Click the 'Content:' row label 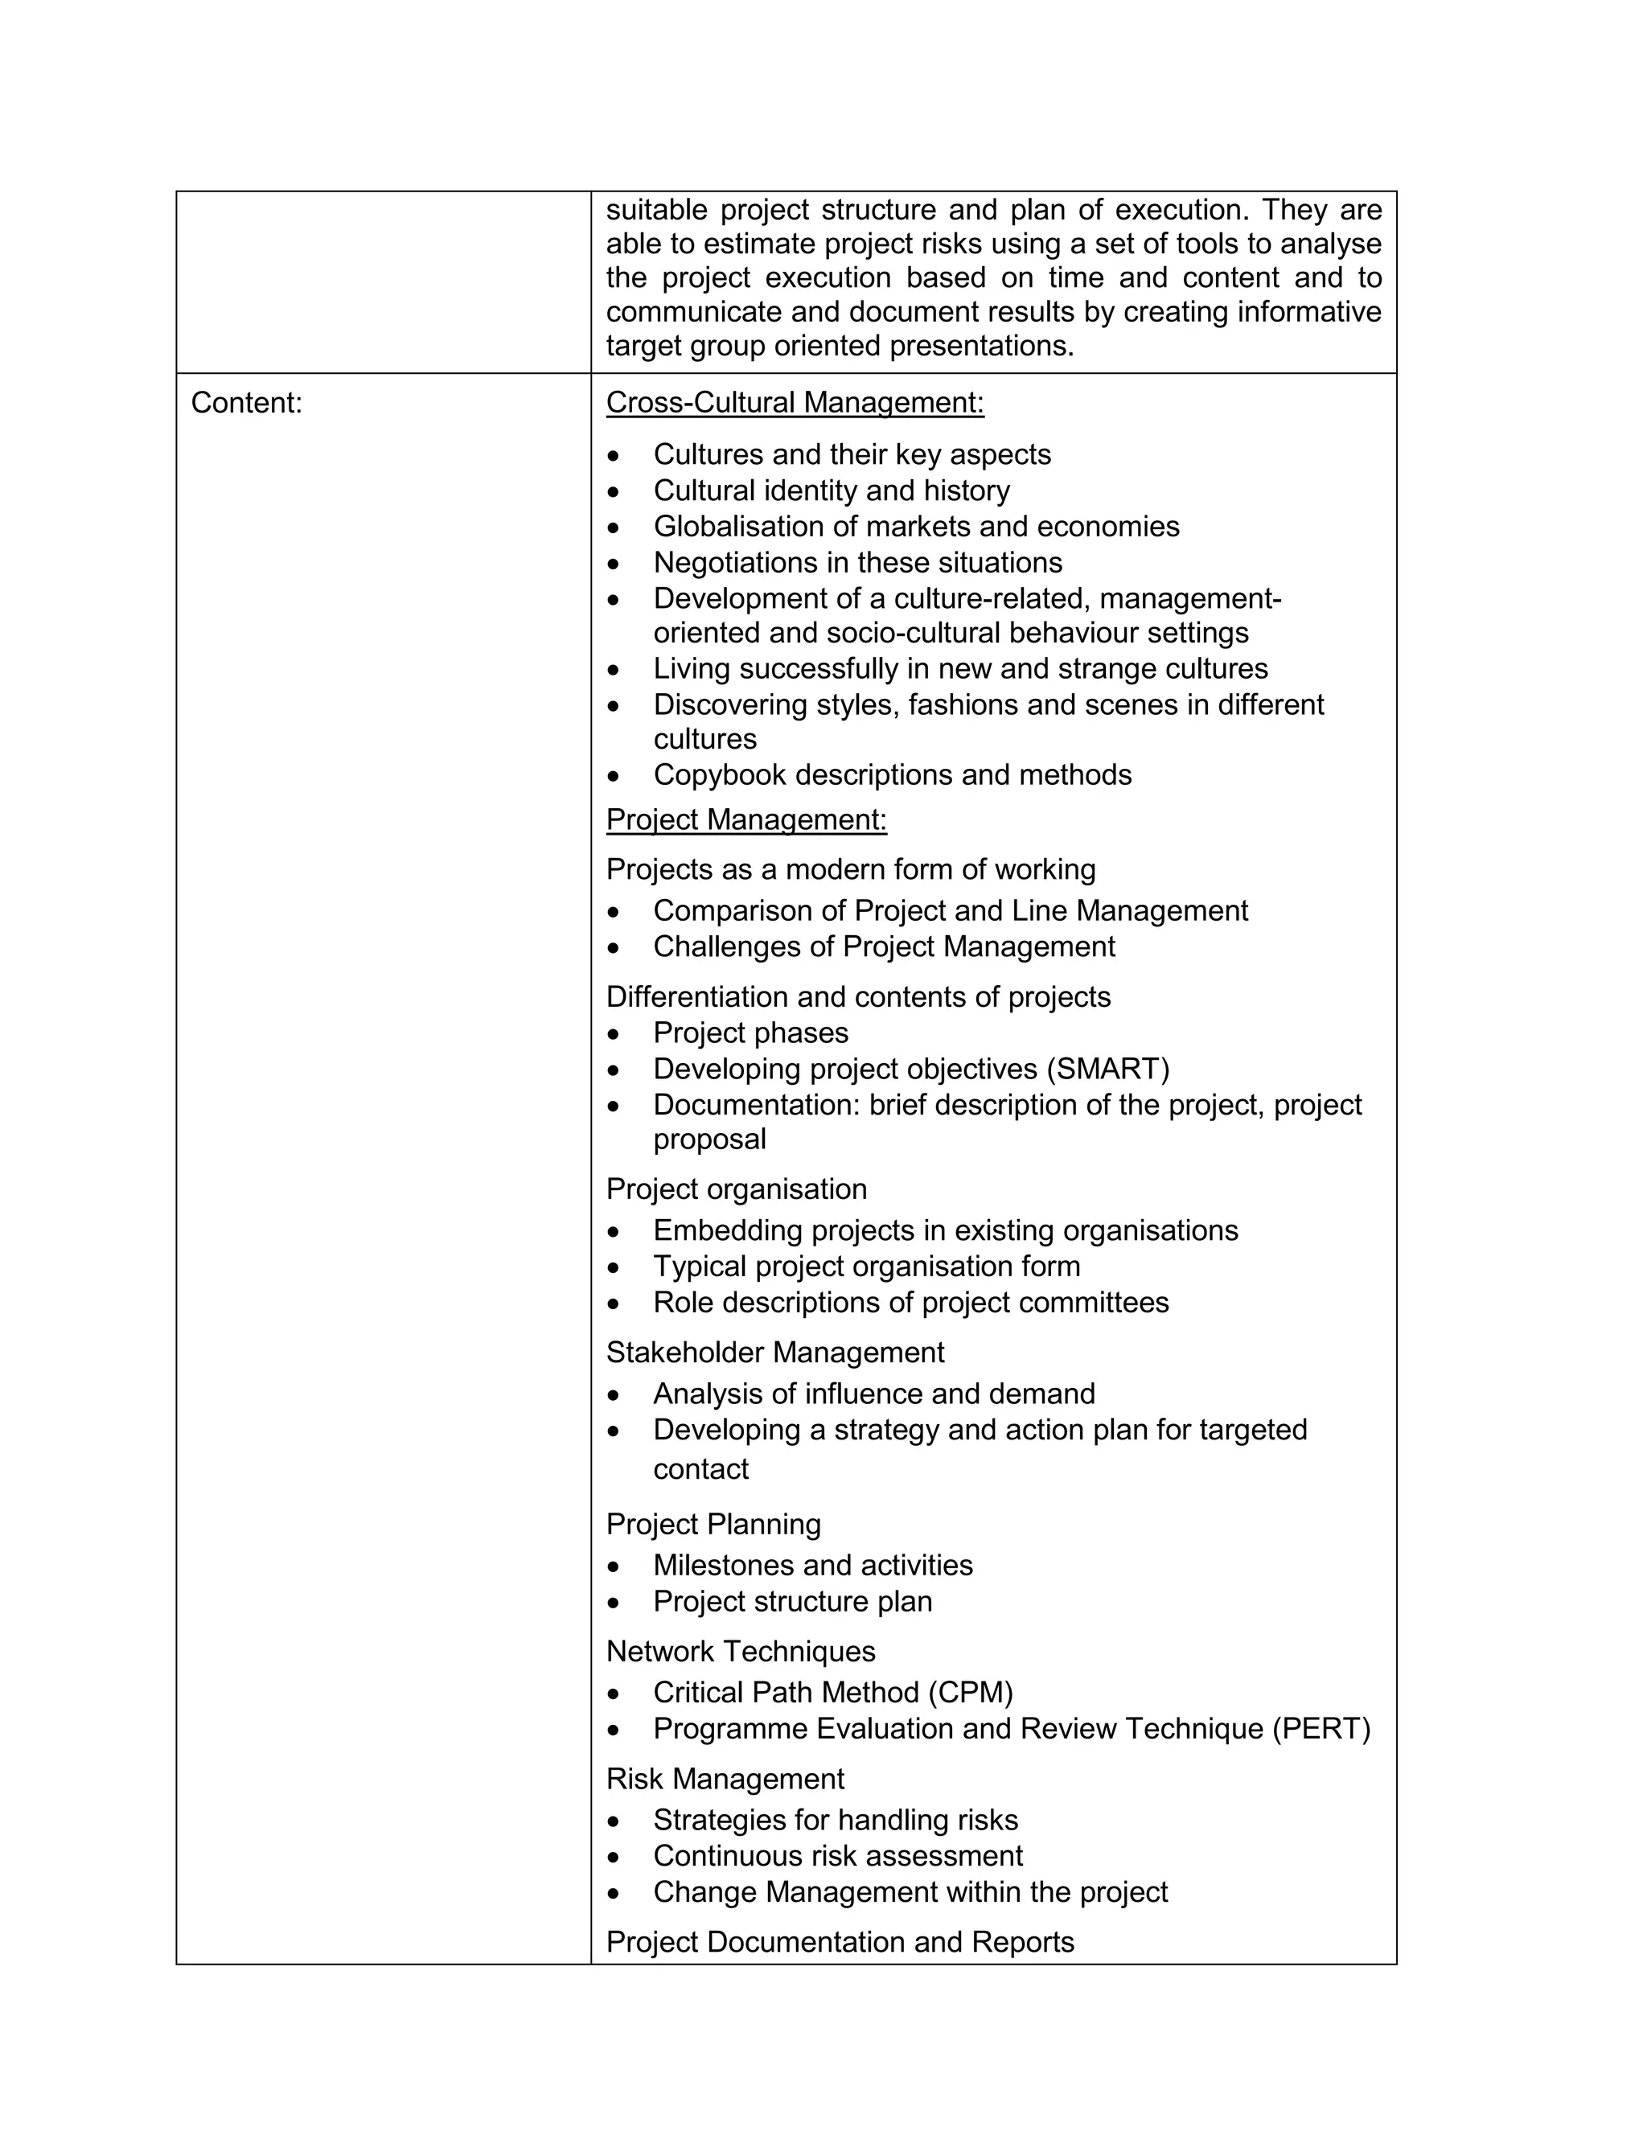247,403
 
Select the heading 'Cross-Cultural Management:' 795,403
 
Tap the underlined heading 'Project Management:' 746,819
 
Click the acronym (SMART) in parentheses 1107,1069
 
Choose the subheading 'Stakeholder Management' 774,1353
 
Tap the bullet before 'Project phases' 613,1033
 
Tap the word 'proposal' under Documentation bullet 709,1139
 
